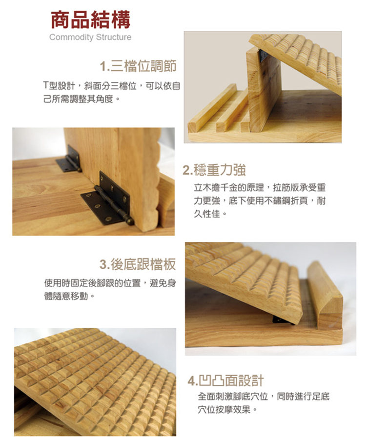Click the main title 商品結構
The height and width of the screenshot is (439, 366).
(91, 20)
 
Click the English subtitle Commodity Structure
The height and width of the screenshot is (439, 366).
(90, 38)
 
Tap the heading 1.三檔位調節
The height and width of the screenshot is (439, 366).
(138, 65)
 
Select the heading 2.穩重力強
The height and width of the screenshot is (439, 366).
(214, 170)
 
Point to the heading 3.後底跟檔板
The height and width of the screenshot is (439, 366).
(137, 265)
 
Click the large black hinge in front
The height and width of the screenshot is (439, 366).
(106, 199)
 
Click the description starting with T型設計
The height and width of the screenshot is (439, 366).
(111, 91)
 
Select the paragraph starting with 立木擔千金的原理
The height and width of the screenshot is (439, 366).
(260, 200)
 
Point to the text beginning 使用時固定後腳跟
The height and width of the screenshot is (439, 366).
(109, 289)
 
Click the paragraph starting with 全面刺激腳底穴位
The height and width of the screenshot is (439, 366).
(264, 403)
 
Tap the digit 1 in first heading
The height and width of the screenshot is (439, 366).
(102, 66)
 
